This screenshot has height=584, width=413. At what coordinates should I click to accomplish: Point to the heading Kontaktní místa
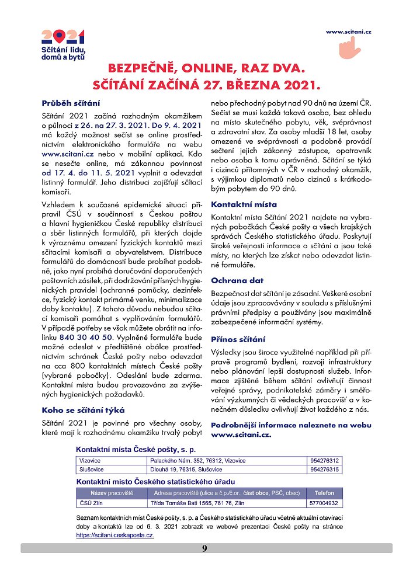tap(244, 205)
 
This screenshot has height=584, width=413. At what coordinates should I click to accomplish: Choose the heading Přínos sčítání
tap(238, 339)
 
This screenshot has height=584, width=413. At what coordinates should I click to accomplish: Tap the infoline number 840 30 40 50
tap(86, 338)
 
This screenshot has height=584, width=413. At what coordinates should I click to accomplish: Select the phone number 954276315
tap(325, 470)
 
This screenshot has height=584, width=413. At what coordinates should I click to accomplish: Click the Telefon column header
tap(325, 493)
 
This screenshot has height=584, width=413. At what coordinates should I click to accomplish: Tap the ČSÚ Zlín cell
tap(91, 502)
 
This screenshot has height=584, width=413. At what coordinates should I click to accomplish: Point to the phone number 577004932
tap(325, 502)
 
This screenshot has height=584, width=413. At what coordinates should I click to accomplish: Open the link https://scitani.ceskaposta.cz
tap(115, 534)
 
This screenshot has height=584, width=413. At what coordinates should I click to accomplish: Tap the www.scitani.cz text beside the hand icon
tap(349, 31)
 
